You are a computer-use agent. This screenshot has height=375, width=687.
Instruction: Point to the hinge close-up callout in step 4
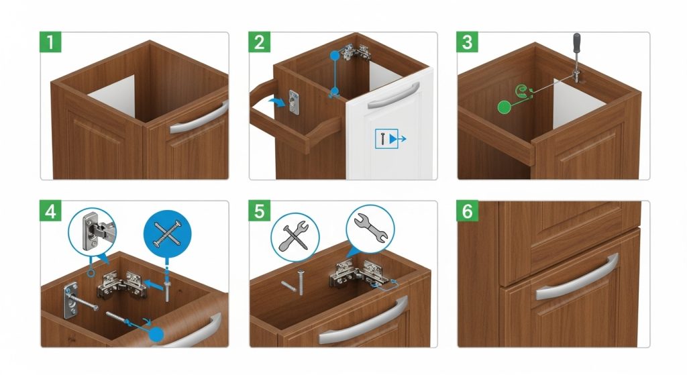(x=92, y=231)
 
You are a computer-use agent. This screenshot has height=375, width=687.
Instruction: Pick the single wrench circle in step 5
(x=369, y=229)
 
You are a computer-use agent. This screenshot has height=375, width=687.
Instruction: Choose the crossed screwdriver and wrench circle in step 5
(x=296, y=235)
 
